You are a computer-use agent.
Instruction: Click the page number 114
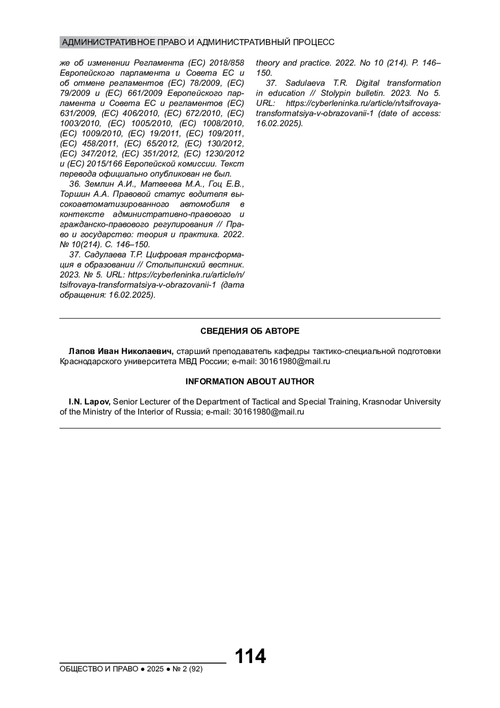250,656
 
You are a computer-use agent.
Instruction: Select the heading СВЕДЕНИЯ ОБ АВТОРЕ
250,331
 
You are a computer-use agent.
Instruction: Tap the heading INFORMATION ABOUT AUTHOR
250,382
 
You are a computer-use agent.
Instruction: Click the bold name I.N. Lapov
89,402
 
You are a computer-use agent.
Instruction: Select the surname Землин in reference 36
98,184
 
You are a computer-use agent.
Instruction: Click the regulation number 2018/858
227,63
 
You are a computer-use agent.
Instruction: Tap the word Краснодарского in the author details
90,362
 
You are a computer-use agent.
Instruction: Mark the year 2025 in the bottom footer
155,669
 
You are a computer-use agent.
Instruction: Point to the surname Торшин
75,194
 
